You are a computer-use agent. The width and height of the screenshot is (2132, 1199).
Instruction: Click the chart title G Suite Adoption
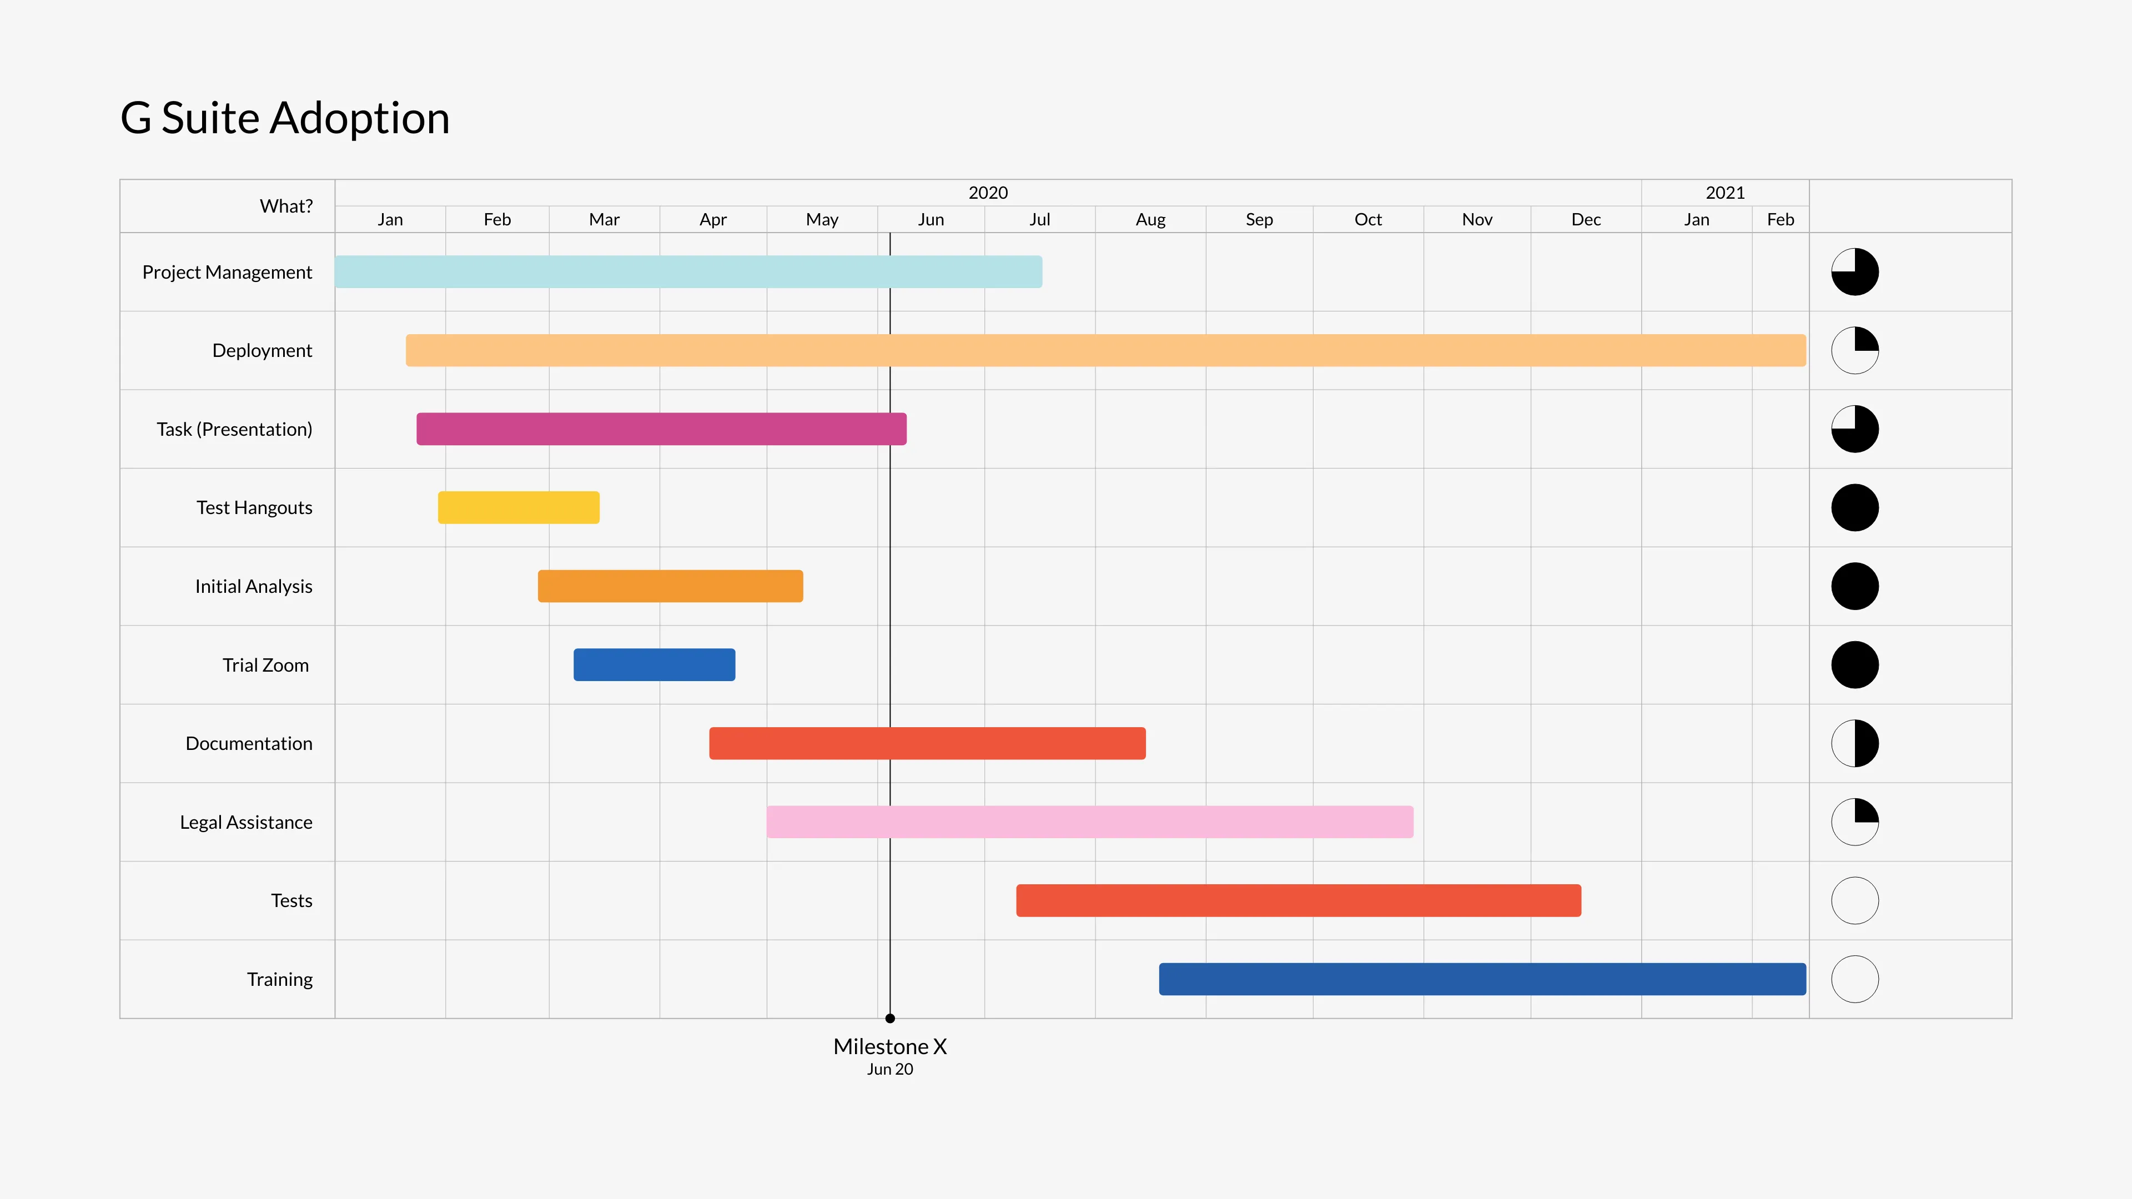point(285,118)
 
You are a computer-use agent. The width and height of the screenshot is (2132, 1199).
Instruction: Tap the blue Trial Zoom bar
point(654,664)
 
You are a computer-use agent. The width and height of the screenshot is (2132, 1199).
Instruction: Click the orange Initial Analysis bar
point(670,586)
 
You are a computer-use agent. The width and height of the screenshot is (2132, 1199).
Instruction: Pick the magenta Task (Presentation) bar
point(661,429)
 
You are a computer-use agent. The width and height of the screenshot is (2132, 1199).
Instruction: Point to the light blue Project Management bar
point(688,271)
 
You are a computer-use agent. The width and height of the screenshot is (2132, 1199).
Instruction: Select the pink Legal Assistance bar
point(1089,822)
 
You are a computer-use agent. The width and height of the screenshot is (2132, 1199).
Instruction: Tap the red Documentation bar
point(927,743)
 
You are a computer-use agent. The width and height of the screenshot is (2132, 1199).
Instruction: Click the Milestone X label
point(889,1047)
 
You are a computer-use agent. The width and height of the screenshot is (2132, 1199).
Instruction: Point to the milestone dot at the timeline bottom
point(889,1019)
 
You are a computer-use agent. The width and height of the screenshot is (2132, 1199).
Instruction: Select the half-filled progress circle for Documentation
point(1855,743)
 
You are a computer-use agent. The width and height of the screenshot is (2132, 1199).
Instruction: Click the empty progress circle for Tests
point(1855,900)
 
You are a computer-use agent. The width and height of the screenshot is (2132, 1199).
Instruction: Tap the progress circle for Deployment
point(1855,350)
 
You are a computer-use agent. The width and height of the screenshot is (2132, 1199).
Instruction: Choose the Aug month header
point(1150,219)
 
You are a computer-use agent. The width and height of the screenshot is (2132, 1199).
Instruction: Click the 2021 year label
point(1725,193)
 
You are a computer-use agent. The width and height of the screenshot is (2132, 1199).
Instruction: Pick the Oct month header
point(1367,219)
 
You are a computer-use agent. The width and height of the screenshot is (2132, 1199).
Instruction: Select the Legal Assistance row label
point(246,822)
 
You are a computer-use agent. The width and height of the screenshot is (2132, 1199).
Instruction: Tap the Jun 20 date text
point(889,1069)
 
